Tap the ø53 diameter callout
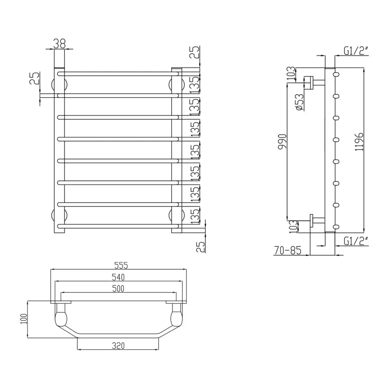pos(298,102)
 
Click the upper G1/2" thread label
pos(356,51)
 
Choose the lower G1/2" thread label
pos(356,241)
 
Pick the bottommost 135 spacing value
pos(195,215)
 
